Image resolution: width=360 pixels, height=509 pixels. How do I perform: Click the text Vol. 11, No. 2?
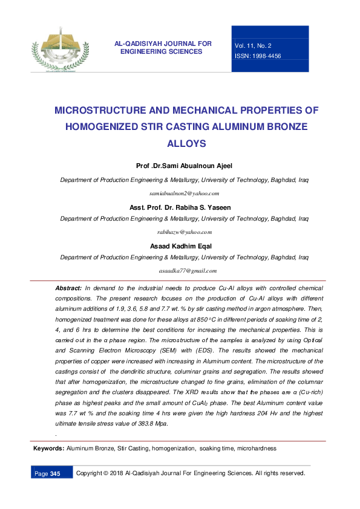click(x=253, y=45)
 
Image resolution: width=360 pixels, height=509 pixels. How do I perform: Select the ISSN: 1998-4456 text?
click(x=258, y=56)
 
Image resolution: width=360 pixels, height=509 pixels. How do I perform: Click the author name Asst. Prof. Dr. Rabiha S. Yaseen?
click(x=180, y=207)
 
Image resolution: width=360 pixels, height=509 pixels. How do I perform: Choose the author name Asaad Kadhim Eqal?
click(x=180, y=245)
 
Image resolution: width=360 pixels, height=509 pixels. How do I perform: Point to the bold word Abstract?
click(x=68, y=288)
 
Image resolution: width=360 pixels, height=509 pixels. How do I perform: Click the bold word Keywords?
click(x=48, y=449)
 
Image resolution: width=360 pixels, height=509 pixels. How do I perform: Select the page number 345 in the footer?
click(x=55, y=473)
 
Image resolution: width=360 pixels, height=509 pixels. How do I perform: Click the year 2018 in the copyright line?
click(x=119, y=473)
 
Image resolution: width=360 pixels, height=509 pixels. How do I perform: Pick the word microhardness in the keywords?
click(x=257, y=449)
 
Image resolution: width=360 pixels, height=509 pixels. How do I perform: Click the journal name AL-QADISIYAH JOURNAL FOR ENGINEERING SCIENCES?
click(x=163, y=48)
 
